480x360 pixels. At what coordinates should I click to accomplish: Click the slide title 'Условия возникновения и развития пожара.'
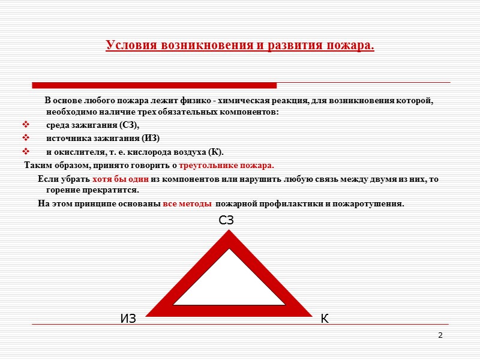[x=240, y=46]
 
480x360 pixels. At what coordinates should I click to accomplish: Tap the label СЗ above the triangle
[x=226, y=221]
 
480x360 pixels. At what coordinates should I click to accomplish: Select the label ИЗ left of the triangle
[x=128, y=319]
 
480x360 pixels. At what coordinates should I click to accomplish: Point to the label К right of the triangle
[x=325, y=319]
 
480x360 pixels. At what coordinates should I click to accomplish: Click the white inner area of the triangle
[x=230, y=282]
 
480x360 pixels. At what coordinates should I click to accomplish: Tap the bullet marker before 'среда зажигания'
[x=25, y=125]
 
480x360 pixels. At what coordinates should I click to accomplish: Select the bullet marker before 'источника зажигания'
[x=25, y=138]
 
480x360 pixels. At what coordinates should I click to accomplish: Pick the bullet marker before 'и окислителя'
[x=25, y=151]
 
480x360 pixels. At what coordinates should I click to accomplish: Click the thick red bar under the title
[x=154, y=85]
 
